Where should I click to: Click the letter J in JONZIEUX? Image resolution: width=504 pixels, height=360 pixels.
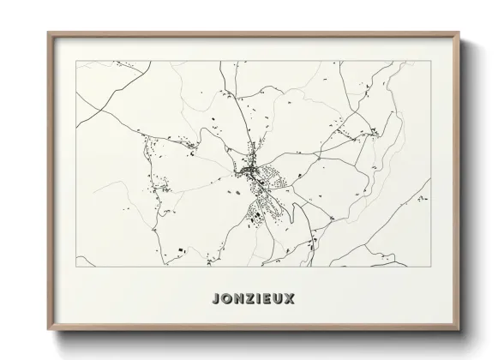213,299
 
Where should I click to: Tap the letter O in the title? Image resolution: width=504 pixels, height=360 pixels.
225,299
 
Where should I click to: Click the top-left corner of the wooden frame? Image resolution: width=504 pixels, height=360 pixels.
48,33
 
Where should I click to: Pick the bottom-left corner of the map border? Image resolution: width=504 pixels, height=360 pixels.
76,267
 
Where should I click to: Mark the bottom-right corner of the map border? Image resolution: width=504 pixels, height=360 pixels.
431,267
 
